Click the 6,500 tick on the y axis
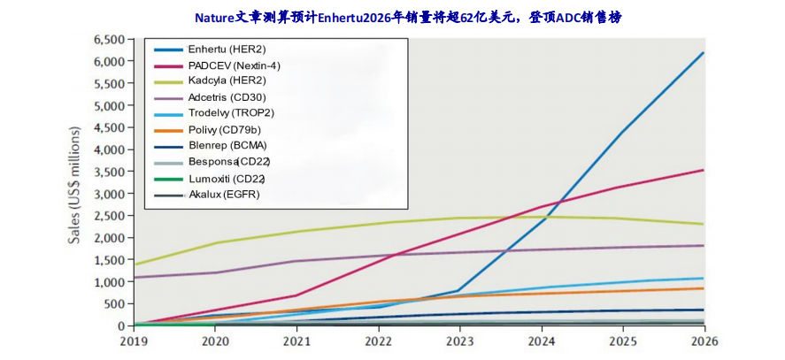[x=110, y=40]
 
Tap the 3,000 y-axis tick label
[x=110, y=194]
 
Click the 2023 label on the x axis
[x=460, y=341]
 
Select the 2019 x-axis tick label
[x=134, y=341]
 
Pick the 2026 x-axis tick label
[x=704, y=341]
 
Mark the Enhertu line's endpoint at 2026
[x=704, y=53]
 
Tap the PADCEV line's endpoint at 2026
[x=704, y=170]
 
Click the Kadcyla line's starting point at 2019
[x=134, y=264]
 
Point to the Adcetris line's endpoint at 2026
[x=704, y=246]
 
